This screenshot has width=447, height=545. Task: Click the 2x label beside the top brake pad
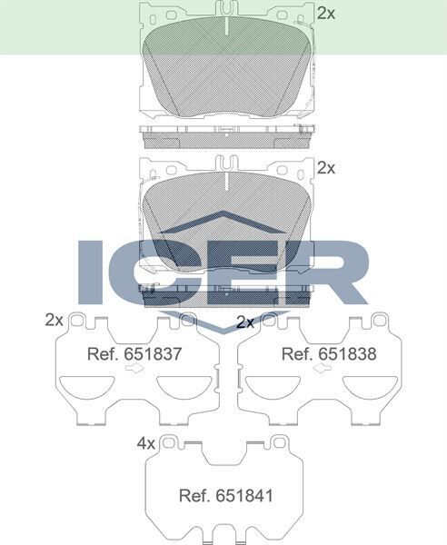pos(326,13)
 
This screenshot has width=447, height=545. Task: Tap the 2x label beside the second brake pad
pos(326,167)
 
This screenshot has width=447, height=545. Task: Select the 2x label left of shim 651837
pos(54,320)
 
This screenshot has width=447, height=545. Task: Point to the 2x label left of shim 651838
pos(244,322)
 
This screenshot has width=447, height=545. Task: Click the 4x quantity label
pos(146,443)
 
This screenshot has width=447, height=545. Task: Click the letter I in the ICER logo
pos(93,272)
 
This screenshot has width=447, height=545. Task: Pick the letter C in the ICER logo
pos(150,272)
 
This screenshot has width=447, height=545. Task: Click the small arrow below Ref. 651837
pos(134,372)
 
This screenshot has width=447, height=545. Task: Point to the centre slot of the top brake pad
pos(223,23)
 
